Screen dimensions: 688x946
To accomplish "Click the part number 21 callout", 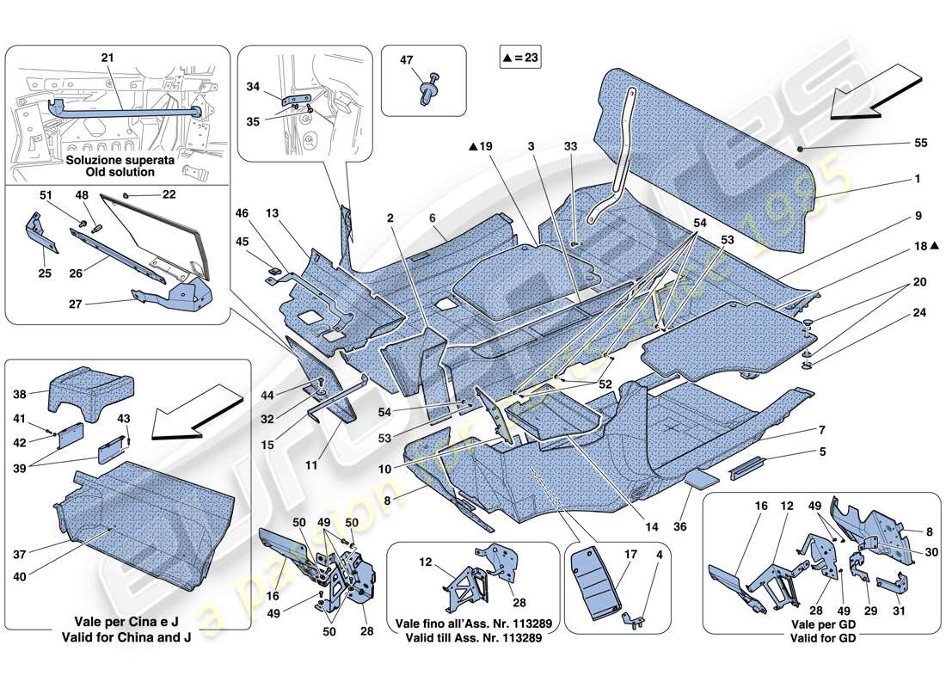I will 107,57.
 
